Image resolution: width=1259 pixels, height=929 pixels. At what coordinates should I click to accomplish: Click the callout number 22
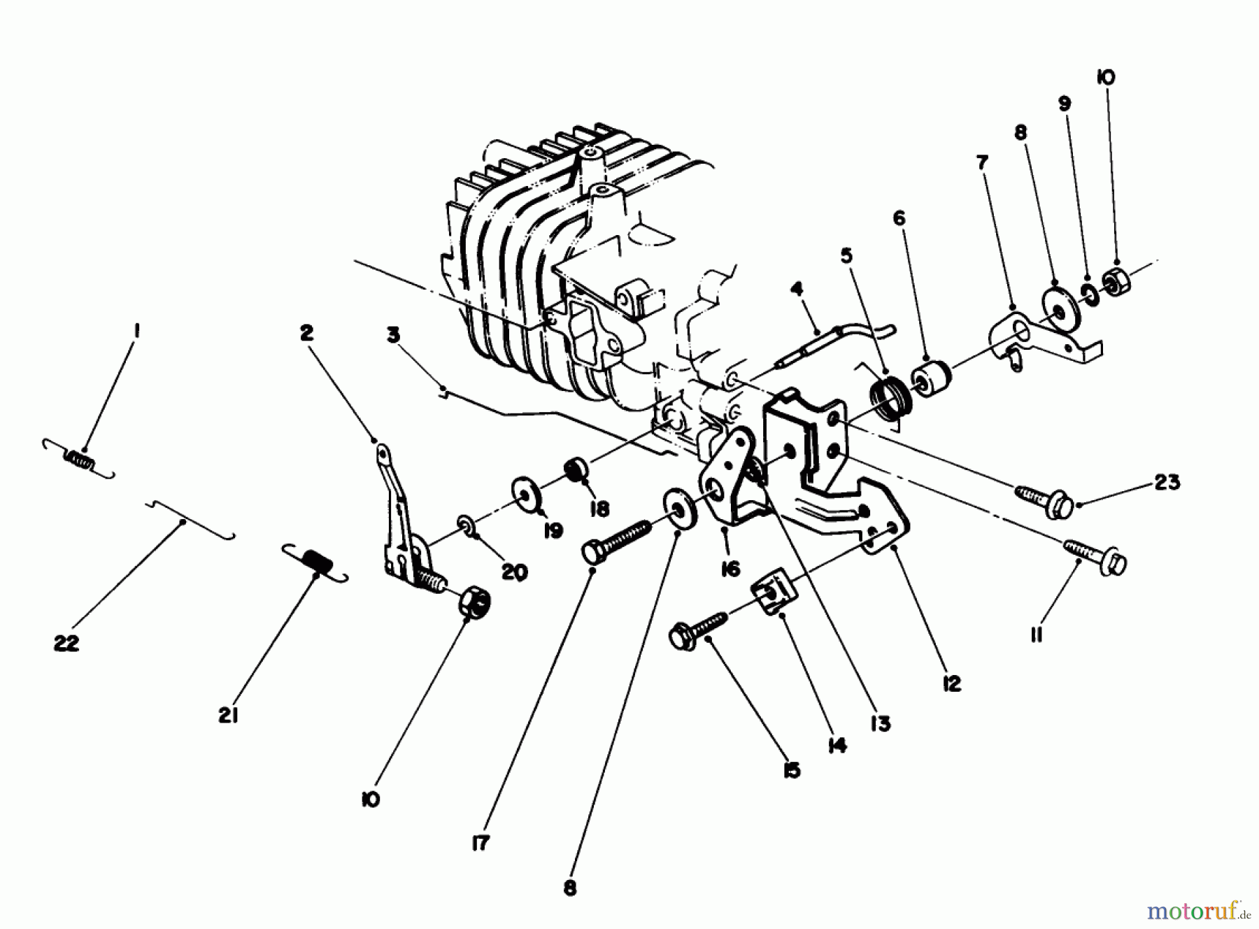tap(67, 643)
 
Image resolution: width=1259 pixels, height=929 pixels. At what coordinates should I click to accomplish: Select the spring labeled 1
tap(78, 459)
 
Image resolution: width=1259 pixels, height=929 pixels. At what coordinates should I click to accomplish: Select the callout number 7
tap(982, 163)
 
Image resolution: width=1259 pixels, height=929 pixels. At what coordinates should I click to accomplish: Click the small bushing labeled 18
tap(575, 469)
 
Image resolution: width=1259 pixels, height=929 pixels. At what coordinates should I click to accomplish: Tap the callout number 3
tap(393, 336)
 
